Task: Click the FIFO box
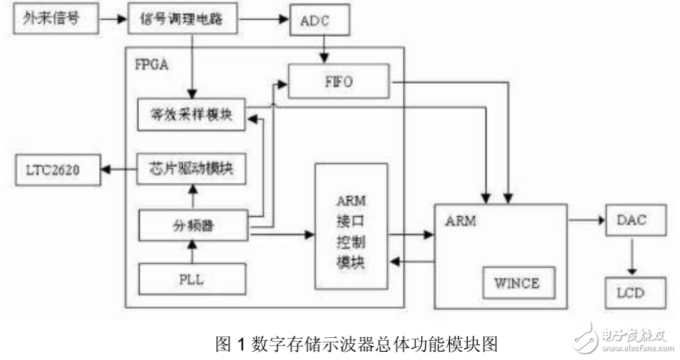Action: click(338, 82)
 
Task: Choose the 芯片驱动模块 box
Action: click(190, 169)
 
